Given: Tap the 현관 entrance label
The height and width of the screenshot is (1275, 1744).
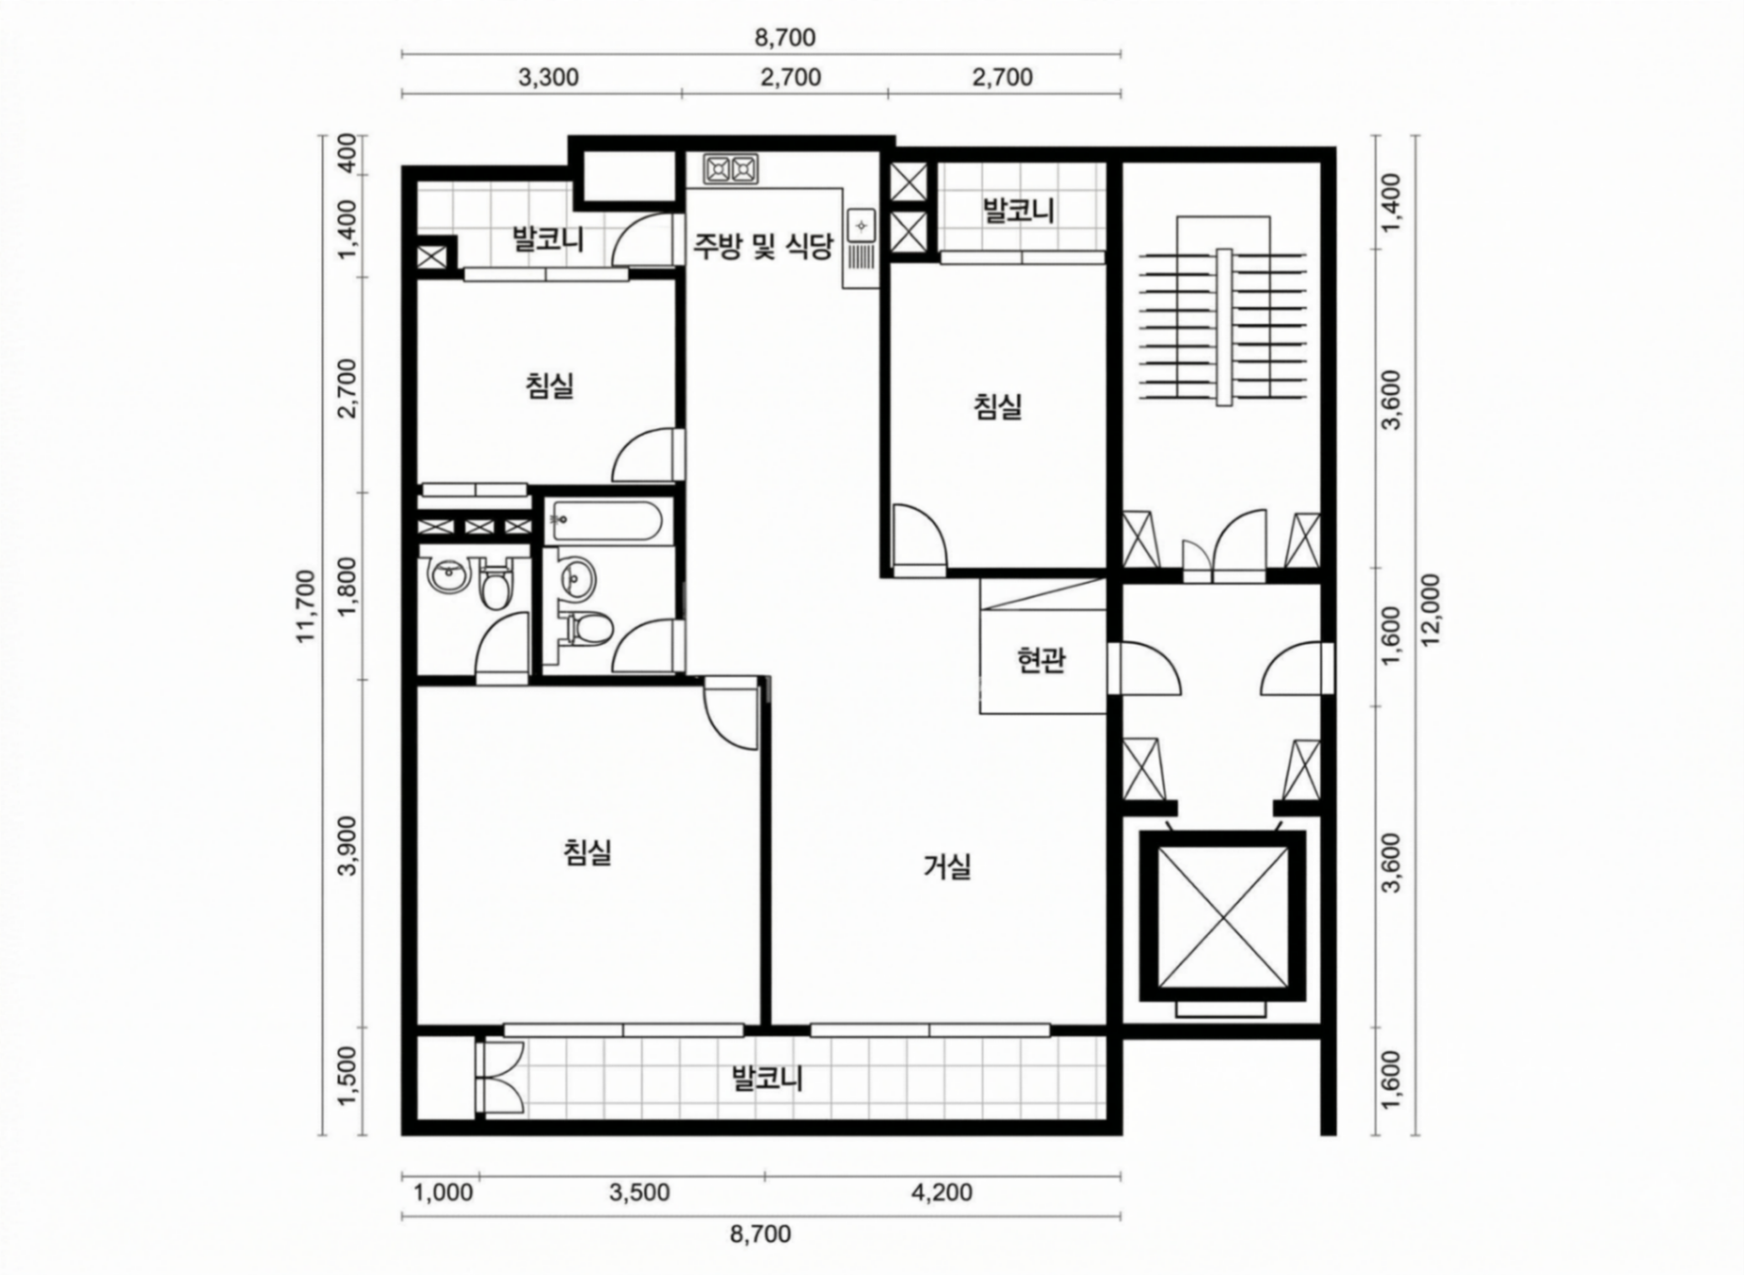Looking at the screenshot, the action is tap(1041, 660).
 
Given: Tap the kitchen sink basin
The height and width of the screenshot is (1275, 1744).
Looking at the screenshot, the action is tap(861, 226).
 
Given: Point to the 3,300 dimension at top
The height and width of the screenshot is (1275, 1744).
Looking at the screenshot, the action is tap(548, 77).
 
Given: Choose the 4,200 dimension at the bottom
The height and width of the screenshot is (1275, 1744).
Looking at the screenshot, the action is tap(942, 1192).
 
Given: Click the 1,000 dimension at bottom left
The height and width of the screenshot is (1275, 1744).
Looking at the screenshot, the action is tap(443, 1192).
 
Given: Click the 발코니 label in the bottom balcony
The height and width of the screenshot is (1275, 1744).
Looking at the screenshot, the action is tap(768, 1078).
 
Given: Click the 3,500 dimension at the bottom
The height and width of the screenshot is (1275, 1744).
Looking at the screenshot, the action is tap(639, 1192).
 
